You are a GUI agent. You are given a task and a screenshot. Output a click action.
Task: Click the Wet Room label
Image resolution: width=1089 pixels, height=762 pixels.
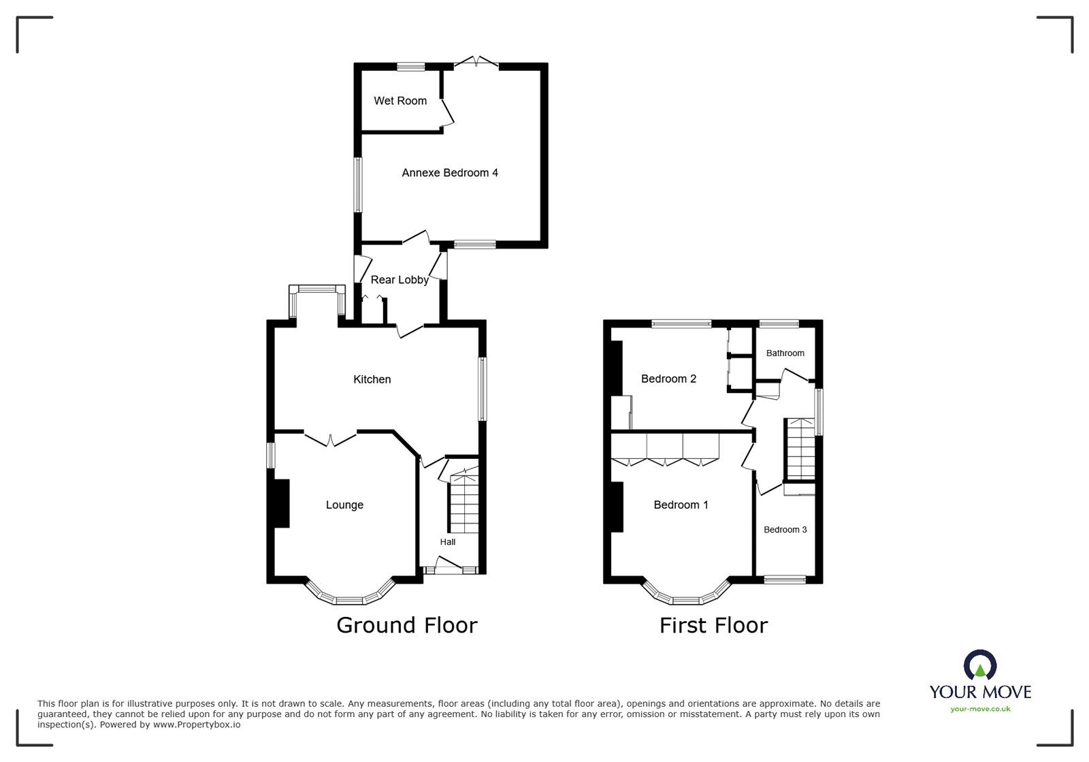(400, 101)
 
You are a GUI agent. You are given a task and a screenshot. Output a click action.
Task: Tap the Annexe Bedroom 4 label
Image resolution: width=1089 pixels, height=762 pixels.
(449, 173)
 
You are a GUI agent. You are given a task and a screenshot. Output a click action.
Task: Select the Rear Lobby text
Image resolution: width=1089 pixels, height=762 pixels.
(400, 280)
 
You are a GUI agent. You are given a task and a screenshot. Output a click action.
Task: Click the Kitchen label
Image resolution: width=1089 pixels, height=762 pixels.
(372, 379)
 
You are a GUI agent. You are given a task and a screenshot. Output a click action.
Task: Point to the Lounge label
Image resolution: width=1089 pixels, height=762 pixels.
(344, 505)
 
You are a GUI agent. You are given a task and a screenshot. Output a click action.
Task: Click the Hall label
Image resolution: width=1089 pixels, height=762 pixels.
(448, 542)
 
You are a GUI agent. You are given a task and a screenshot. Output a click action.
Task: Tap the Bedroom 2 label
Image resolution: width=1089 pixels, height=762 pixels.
(668, 379)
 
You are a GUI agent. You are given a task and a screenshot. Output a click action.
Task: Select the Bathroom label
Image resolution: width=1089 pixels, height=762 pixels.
(785, 353)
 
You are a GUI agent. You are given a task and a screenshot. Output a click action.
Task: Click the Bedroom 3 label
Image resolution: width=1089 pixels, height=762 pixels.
(785, 529)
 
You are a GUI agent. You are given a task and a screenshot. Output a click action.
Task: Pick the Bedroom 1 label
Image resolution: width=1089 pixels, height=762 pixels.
(681, 505)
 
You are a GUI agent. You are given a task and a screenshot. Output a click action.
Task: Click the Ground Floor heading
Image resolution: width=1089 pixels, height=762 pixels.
(406, 625)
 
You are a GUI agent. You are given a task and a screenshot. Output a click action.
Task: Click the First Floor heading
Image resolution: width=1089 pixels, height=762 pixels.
(713, 625)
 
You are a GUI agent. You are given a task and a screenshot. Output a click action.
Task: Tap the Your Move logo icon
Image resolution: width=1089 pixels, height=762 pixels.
(980, 664)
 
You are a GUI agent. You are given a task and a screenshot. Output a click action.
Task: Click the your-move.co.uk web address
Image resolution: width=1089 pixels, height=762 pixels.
(980, 709)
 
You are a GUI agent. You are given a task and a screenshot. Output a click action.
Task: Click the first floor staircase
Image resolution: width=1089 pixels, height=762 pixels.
(800, 449)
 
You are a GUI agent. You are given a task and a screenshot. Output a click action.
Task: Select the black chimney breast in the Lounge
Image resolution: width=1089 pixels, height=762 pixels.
(281, 503)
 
